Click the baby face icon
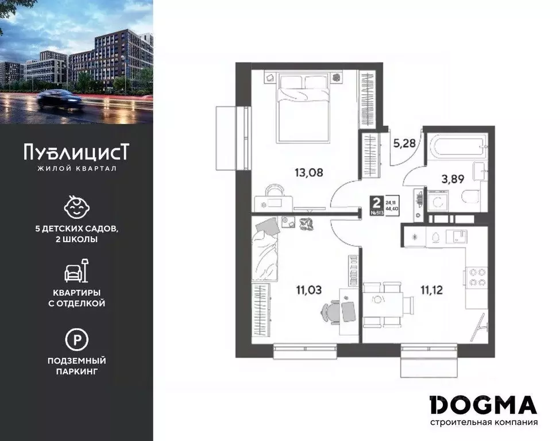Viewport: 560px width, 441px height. [x=76, y=207]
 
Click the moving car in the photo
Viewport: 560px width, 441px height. [x=59, y=102]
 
